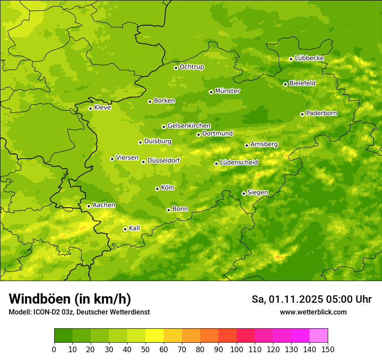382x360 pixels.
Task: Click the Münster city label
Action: pyautogui.click(x=227, y=91)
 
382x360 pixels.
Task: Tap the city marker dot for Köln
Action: pyautogui.click(x=157, y=189)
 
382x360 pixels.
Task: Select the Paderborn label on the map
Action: pyautogui.click(x=322, y=113)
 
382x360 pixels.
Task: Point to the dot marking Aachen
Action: pyautogui.click(x=89, y=206)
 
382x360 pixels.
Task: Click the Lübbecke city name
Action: pyautogui.click(x=310, y=58)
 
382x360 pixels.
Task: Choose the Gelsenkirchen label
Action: pyautogui.click(x=189, y=126)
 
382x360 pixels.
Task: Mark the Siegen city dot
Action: pyautogui.click(x=244, y=193)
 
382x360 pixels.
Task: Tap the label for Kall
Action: pyautogui.click(x=135, y=228)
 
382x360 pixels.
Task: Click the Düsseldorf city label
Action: pyautogui.click(x=164, y=160)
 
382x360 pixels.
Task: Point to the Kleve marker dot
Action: pyautogui.click(x=90, y=108)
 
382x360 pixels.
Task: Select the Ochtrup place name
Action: pyautogui.click(x=192, y=67)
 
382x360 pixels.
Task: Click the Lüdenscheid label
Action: pyautogui.click(x=239, y=163)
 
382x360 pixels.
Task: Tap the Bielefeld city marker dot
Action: pyautogui.click(x=285, y=84)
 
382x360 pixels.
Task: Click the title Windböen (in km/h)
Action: pyautogui.click(x=70, y=299)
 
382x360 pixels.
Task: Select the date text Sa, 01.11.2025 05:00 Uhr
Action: pyautogui.click(x=311, y=299)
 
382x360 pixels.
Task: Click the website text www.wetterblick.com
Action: pyautogui.click(x=313, y=312)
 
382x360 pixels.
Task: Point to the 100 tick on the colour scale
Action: pyautogui.click(x=237, y=349)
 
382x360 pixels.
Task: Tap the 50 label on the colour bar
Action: pyautogui.click(x=145, y=349)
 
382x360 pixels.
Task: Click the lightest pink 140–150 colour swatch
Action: pyautogui.click(x=319, y=336)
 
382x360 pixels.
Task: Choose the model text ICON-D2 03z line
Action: pyautogui.click(x=79, y=312)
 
